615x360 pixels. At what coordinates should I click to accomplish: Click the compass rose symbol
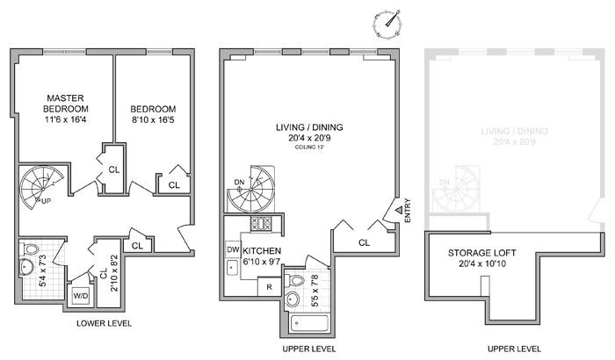pyautogui.click(x=387, y=24)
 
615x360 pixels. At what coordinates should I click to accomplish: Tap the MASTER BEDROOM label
pyautogui.click(x=66, y=104)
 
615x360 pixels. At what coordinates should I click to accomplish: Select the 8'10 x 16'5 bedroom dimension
pyautogui.click(x=153, y=119)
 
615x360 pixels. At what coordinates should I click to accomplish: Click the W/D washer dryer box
pyautogui.click(x=81, y=296)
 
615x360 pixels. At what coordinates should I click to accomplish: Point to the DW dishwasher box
pyautogui.click(x=233, y=249)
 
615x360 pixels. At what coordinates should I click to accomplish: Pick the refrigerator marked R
pyautogui.click(x=269, y=287)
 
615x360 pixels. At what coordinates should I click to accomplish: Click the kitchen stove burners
pyautogui.click(x=261, y=224)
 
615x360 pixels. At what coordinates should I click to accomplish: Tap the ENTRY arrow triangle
pyautogui.click(x=399, y=210)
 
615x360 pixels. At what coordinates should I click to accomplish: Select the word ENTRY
pyautogui.click(x=408, y=211)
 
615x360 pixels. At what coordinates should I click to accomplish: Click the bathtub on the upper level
pyautogui.click(x=310, y=323)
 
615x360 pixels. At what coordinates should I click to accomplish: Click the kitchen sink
pyautogui.click(x=232, y=268)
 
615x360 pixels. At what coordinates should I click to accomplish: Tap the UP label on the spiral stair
pyautogui.click(x=47, y=202)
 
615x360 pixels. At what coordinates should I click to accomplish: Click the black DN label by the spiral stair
pyautogui.click(x=239, y=182)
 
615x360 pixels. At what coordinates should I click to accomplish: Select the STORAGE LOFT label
pyautogui.click(x=482, y=253)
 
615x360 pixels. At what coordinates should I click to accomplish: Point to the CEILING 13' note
pyautogui.click(x=310, y=148)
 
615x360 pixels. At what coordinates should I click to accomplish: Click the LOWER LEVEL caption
pyautogui.click(x=104, y=323)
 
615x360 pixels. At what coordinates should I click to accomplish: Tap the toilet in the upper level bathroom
pyautogui.click(x=296, y=280)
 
